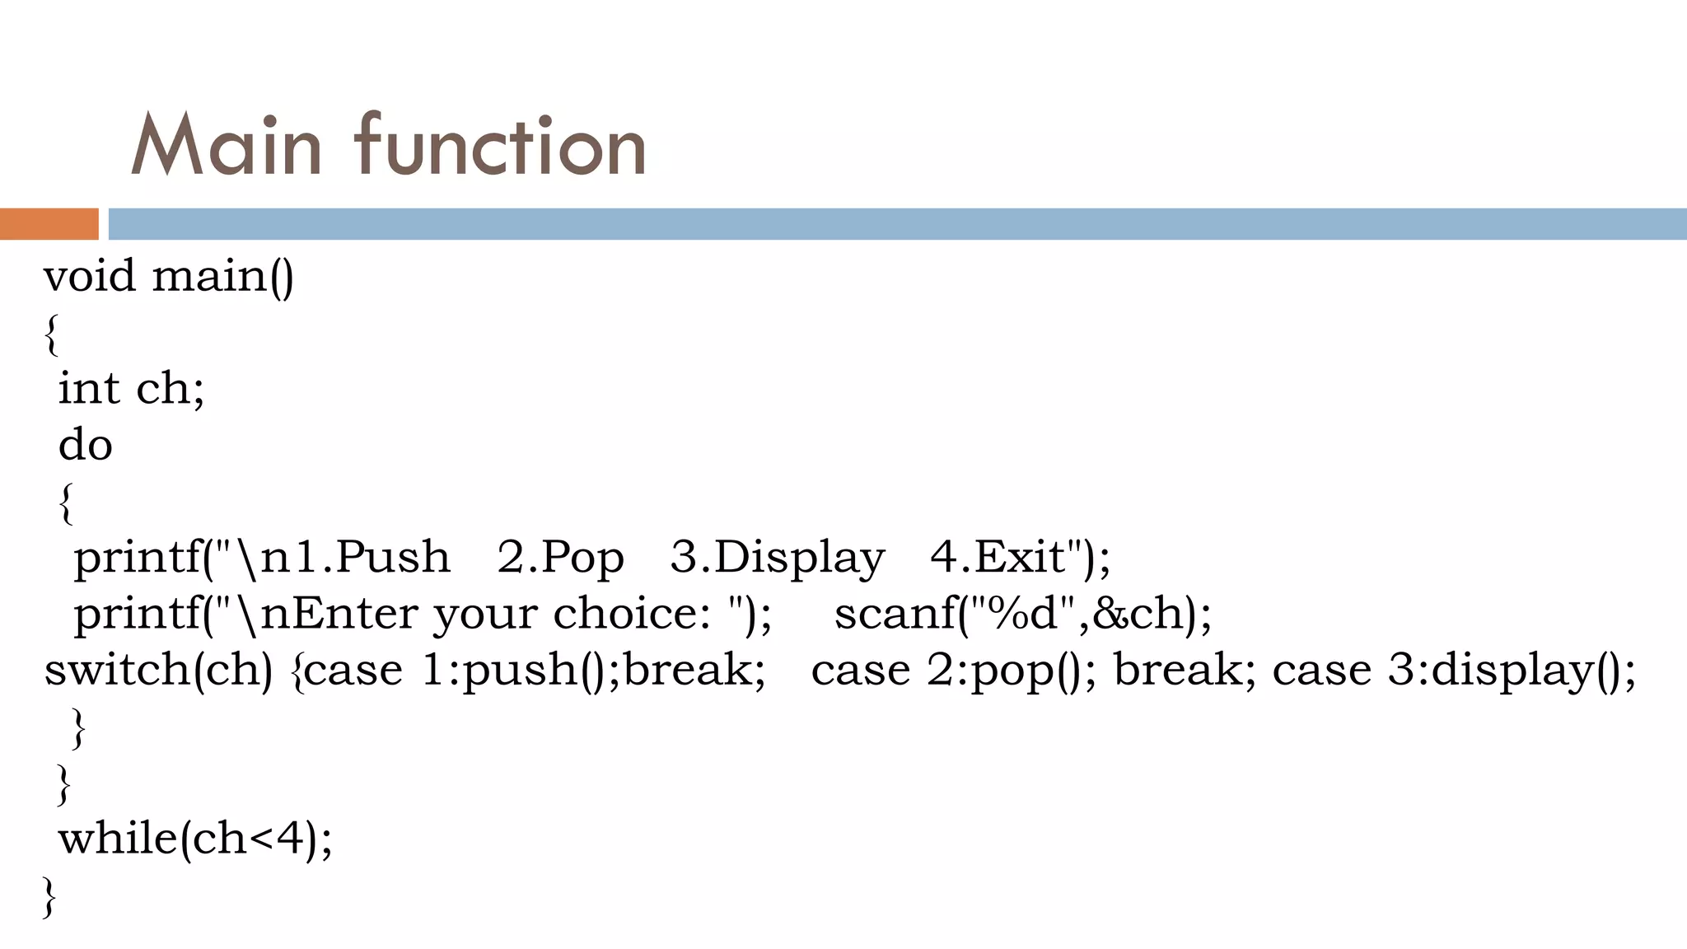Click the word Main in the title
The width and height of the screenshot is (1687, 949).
click(226, 147)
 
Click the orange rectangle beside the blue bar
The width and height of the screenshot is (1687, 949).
click(49, 224)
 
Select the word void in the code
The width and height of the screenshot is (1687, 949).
click(89, 276)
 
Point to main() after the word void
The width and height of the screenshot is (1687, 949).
click(222, 277)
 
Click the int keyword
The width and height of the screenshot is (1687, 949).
click(89, 388)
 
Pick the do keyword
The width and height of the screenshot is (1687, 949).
click(85, 445)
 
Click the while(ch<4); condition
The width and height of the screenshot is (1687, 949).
click(195, 839)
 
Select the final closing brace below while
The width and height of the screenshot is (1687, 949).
click(49, 897)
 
